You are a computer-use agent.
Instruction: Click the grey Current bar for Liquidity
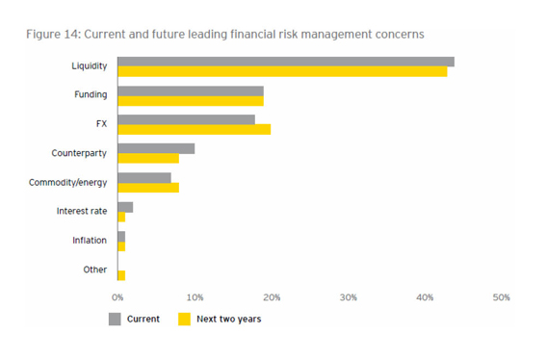pyautogui.click(x=285, y=62)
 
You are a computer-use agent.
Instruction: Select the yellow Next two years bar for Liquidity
pyautogui.click(x=281, y=71)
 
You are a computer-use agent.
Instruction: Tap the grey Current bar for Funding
pyautogui.click(x=190, y=90)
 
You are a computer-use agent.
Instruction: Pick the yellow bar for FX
pyautogui.click(x=194, y=129)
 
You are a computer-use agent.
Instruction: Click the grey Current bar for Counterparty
pyautogui.click(x=155, y=148)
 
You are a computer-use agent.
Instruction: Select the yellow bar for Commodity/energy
pyautogui.click(x=147, y=188)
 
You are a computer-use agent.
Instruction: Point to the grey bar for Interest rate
pyautogui.click(x=124, y=207)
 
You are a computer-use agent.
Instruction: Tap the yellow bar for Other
pyautogui.click(x=120, y=275)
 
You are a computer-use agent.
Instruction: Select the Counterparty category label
pyautogui.click(x=79, y=153)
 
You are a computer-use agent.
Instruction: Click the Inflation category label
pyautogui.click(x=90, y=241)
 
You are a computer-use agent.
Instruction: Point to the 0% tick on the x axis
pyautogui.click(x=118, y=297)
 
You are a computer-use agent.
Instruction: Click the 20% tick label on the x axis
pyautogui.click(x=271, y=297)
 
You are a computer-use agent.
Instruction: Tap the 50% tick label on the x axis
pyautogui.click(x=501, y=297)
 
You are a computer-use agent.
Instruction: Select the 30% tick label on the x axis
pyautogui.click(x=348, y=297)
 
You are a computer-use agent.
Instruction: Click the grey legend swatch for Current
pyautogui.click(x=114, y=320)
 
